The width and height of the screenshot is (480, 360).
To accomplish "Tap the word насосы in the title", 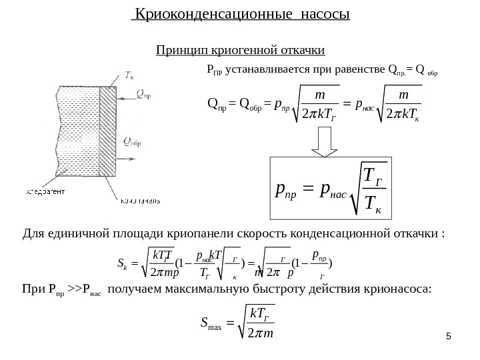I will (x=319, y=14).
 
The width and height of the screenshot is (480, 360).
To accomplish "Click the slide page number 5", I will (x=450, y=344).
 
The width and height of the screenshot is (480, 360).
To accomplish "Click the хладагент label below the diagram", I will (x=46, y=192).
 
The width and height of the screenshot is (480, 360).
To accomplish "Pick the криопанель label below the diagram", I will (x=139, y=199).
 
